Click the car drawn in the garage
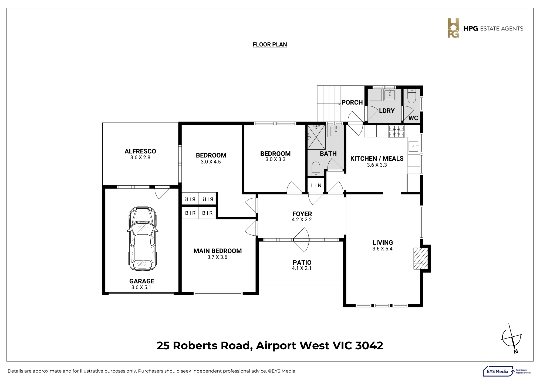pos(142,239)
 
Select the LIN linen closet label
pos(316,186)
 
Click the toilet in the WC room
pos(412,96)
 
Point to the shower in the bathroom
pos(316,137)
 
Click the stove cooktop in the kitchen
pos(396,131)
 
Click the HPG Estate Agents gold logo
pos(453,28)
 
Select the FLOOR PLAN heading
pos(270,45)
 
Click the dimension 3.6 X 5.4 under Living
pos(382,249)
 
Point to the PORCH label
pos(352,102)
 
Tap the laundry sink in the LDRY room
pos(390,95)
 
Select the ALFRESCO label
pos(140,151)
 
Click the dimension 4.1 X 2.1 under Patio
pos(302,268)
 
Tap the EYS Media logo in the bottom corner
pos(507,371)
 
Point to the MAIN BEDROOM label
pos(217,251)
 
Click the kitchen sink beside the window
pos(413,146)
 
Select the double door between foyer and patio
pos(301,240)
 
